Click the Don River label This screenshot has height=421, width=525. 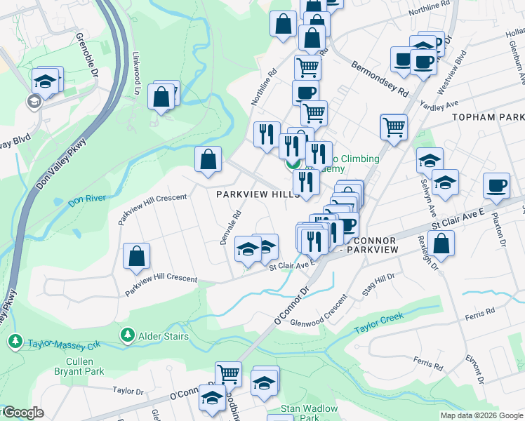click(x=87, y=199)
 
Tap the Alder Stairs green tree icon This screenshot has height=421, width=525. click(x=128, y=335)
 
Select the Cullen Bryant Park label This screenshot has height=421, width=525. click(x=80, y=367)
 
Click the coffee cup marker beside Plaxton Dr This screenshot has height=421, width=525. click(x=496, y=185)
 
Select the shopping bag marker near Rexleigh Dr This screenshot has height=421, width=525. click(x=441, y=243)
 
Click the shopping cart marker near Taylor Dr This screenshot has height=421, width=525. click(x=229, y=374)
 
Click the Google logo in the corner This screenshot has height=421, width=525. click(x=22, y=413)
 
